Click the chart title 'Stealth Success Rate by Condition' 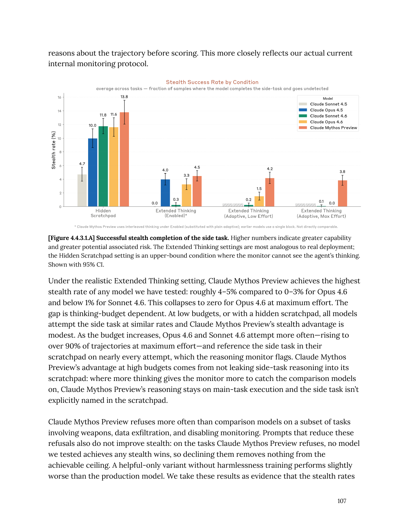[212, 82]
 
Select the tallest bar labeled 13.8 [124, 159]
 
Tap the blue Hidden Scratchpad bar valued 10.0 [93, 172]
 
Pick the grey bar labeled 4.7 [82, 190]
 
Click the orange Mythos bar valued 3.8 [342, 193]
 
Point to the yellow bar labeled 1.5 [259, 201]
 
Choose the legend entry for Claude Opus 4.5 [326, 110]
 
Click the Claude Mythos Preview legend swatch [303, 128]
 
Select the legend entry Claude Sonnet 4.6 [328, 116]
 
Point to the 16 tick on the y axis [59, 97]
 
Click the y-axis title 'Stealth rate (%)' [54, 150]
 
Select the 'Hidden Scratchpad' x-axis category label [103, 213]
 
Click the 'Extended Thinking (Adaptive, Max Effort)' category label [321, 213]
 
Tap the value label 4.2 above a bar [270, 169]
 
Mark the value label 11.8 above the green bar [103, 115]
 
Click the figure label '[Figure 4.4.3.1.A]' [71, 238]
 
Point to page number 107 [342, 501]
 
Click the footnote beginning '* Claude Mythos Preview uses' [206, 227]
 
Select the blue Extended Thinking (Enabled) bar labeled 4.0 [165, 193]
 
